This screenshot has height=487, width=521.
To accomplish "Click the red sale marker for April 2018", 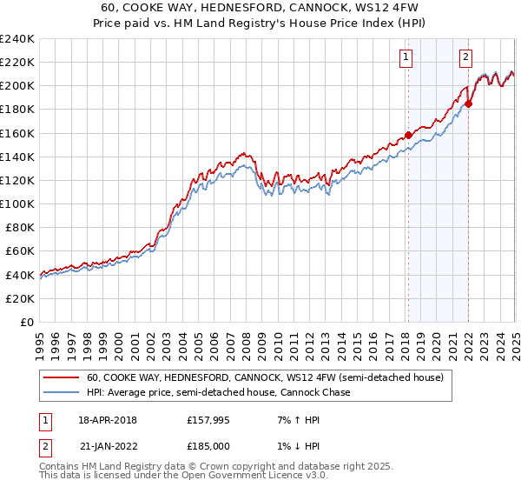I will coord(408,135).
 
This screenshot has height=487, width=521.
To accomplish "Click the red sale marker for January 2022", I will coord(468,103).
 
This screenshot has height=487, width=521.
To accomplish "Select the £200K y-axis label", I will coord(16,85).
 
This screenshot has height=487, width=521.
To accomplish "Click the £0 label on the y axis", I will coord(26,322).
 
